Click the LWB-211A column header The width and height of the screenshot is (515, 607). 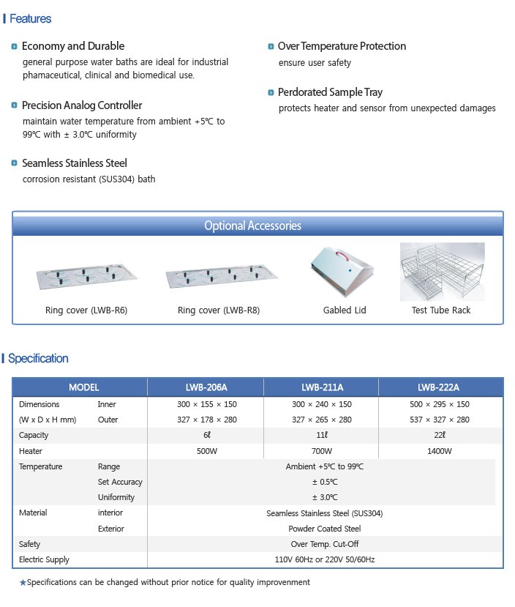pos(322,387)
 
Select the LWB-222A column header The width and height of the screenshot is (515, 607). pos(439,387)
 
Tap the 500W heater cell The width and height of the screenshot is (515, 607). pos(207,451)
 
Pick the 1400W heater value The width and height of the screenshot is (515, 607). pos(439,451)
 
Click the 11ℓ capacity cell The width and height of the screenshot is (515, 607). pos(322,436)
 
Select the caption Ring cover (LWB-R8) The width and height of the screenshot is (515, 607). pos(219,310)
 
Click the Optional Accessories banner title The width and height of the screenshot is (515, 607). pos(252,226)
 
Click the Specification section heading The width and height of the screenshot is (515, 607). pos(38,358)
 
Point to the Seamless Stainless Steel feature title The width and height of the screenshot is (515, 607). pos(75,163)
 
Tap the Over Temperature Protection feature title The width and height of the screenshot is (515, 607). pos(342,46)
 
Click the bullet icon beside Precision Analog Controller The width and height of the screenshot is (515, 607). pos(15,105)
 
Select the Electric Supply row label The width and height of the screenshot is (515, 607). pos(44,559)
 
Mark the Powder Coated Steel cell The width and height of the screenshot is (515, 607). pos(325,529)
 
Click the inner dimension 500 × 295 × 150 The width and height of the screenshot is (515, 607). pos(439,404)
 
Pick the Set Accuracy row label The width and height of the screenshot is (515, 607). pos(120,482)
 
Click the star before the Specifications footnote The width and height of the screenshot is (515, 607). pos(23,583)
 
